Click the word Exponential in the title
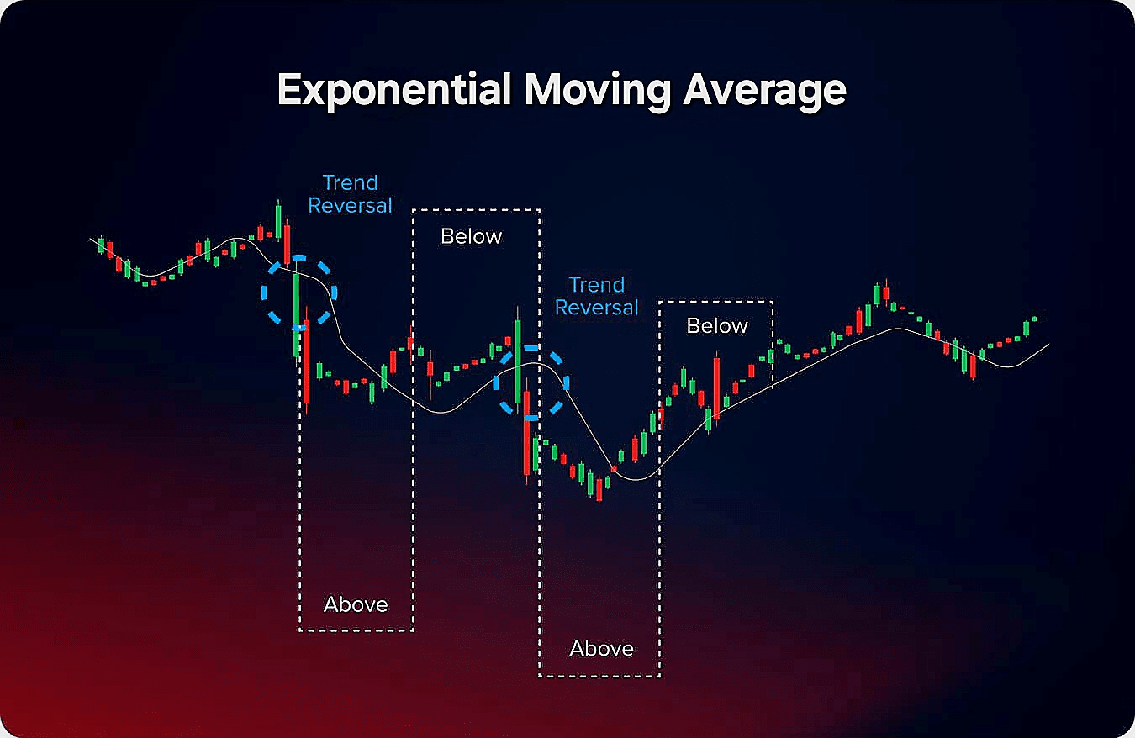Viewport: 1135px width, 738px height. (x=393, y=91)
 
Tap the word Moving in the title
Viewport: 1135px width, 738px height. (x=598, y=91)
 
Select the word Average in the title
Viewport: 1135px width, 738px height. (x=764, y=91)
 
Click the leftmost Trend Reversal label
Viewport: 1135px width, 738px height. (x=350, y=194)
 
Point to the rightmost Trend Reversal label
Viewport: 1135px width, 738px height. (x=597, y=297)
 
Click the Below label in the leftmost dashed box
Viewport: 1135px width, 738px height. (x=471, y=236)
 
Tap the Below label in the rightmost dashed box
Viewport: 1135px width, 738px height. (x=717, y=325)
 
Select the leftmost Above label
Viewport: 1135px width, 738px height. (x=356, y=604)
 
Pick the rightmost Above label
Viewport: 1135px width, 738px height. (x=601, y=648)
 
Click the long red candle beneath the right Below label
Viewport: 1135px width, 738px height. (x=716, y=387)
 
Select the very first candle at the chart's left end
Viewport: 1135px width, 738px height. (x=102, y=245)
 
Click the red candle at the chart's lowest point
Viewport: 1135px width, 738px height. (x=599, y=490)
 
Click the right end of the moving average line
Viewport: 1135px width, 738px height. (x=1049, y=345)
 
